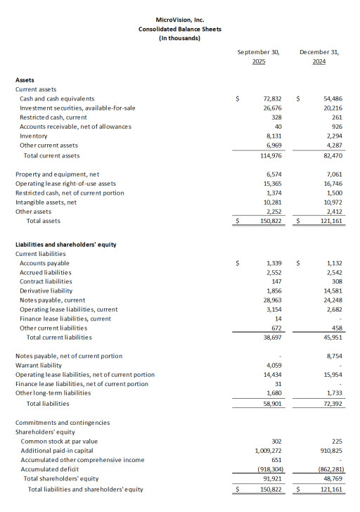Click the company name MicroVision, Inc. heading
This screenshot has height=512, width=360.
[179, 20]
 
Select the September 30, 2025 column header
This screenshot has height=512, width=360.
[258, 57]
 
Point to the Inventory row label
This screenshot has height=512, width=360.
[34, 136]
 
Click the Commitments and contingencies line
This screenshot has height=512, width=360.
[63, 423]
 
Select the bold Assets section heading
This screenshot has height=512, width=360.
[25, 80]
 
